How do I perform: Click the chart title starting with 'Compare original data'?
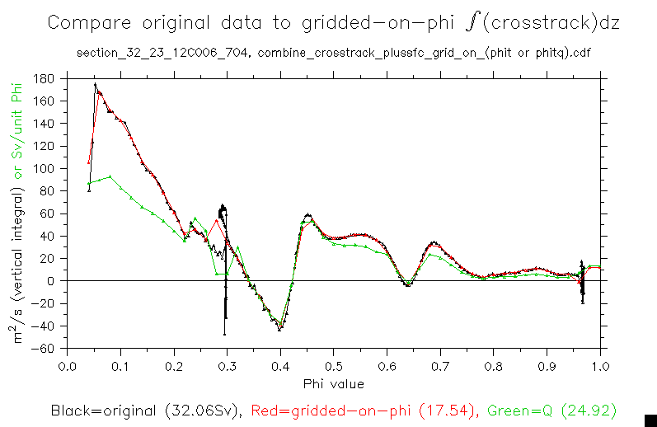[333, 22]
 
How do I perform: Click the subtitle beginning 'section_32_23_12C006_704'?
[333, 54]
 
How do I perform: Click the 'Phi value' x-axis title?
[333, 383]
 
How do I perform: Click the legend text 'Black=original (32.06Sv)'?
[145, 410]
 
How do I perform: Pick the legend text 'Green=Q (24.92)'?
[551, 410]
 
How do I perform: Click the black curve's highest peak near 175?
[96, 84]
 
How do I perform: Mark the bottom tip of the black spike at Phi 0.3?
[224, 334]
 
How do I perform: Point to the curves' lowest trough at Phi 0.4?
[280, 329]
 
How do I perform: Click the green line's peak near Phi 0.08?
[110, 176]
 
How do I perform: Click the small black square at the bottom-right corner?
[650, 420]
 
